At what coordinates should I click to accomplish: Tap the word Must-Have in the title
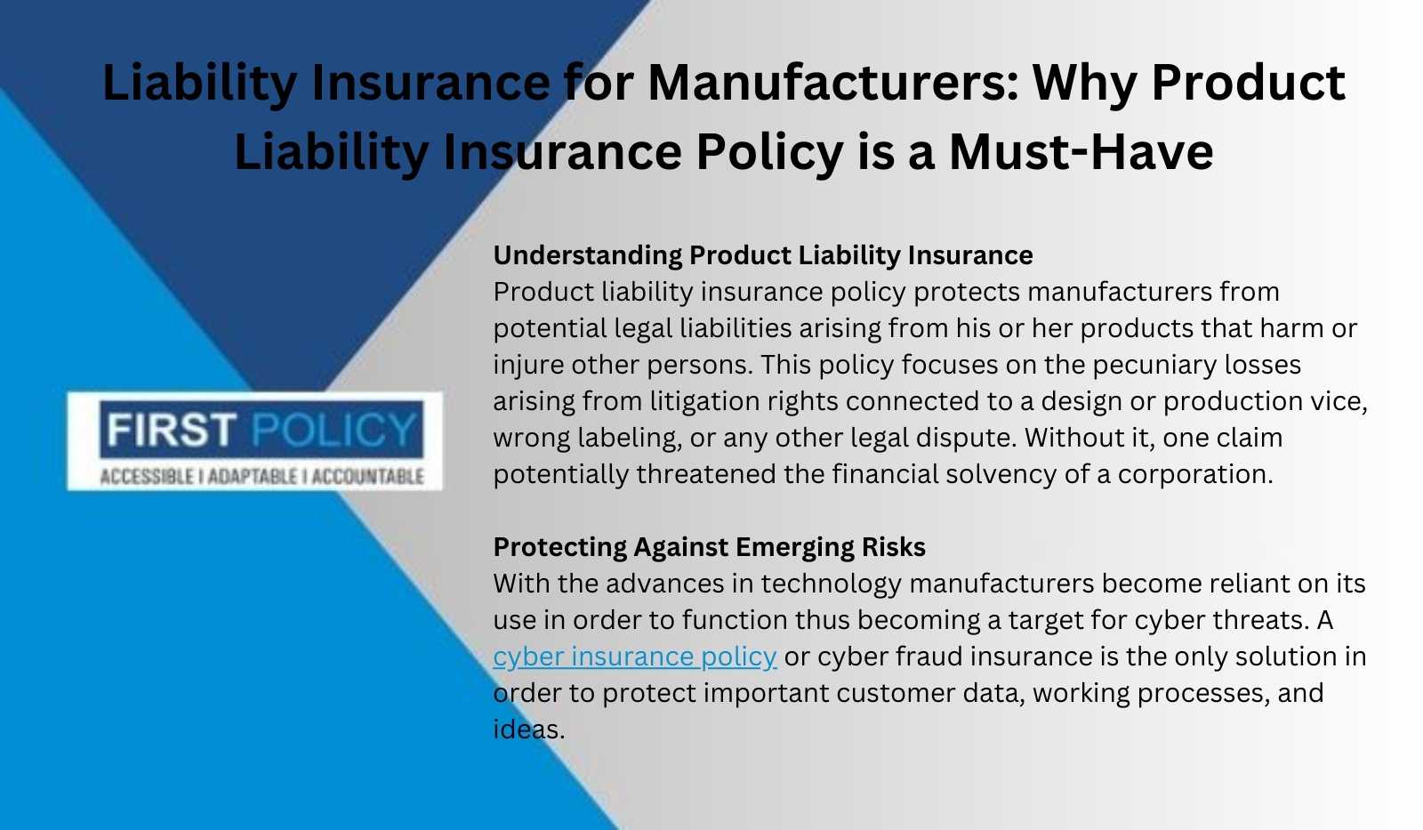1081,152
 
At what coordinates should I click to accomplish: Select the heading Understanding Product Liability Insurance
763,255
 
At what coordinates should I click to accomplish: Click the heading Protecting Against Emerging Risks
710,547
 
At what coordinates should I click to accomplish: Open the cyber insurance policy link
635,657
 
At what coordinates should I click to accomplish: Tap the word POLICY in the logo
334,429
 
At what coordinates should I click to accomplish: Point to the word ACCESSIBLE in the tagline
147,477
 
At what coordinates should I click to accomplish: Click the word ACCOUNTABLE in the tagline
368,477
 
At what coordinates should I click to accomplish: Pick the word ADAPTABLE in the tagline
253,477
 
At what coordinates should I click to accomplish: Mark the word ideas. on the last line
529,729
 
